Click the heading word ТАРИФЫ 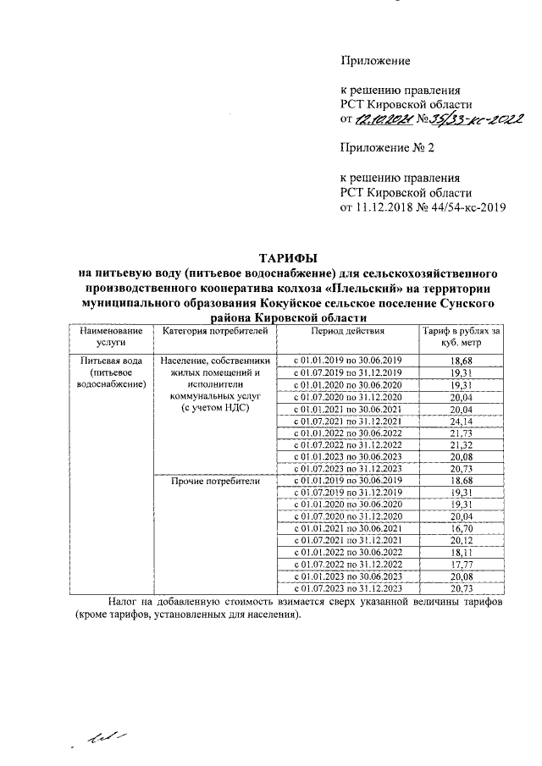(289, 257)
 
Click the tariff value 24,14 (461, 421)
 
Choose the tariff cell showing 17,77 (461, 564)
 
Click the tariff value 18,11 (461, 551)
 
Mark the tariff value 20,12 (461, 539)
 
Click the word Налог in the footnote (124, 601)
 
